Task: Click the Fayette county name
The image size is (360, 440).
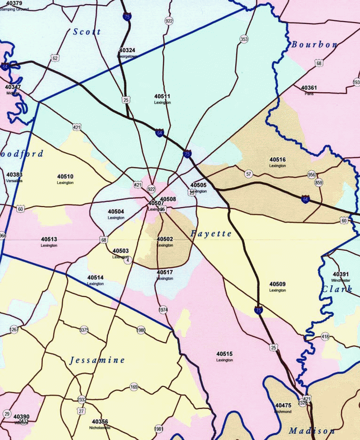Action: point(211,233)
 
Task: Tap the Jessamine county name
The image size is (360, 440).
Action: point(97,360)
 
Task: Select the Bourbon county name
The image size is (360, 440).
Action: point(314,45)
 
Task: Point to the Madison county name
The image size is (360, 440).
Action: point(312,431)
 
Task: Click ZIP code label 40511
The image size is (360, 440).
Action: point(162,96)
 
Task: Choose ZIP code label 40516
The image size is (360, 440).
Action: point(278,160)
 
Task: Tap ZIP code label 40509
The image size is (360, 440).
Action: point(278,284)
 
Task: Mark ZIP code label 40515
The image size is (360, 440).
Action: point(224,354)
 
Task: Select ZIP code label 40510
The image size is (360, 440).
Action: point(65,176)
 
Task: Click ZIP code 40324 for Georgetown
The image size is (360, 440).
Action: point(127,50)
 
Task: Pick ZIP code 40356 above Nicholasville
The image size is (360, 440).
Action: point(100,422)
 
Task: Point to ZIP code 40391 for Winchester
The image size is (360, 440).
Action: point(341,274)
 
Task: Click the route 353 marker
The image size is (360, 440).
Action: point(244,39)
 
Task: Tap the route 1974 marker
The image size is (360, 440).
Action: point(163,310)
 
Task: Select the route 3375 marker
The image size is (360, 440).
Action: point(84,330)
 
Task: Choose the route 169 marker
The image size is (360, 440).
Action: point(134,387)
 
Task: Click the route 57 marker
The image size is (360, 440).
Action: point(248,174)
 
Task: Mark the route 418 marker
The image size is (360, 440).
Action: point(325,336)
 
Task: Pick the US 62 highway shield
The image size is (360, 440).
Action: point(56,58)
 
